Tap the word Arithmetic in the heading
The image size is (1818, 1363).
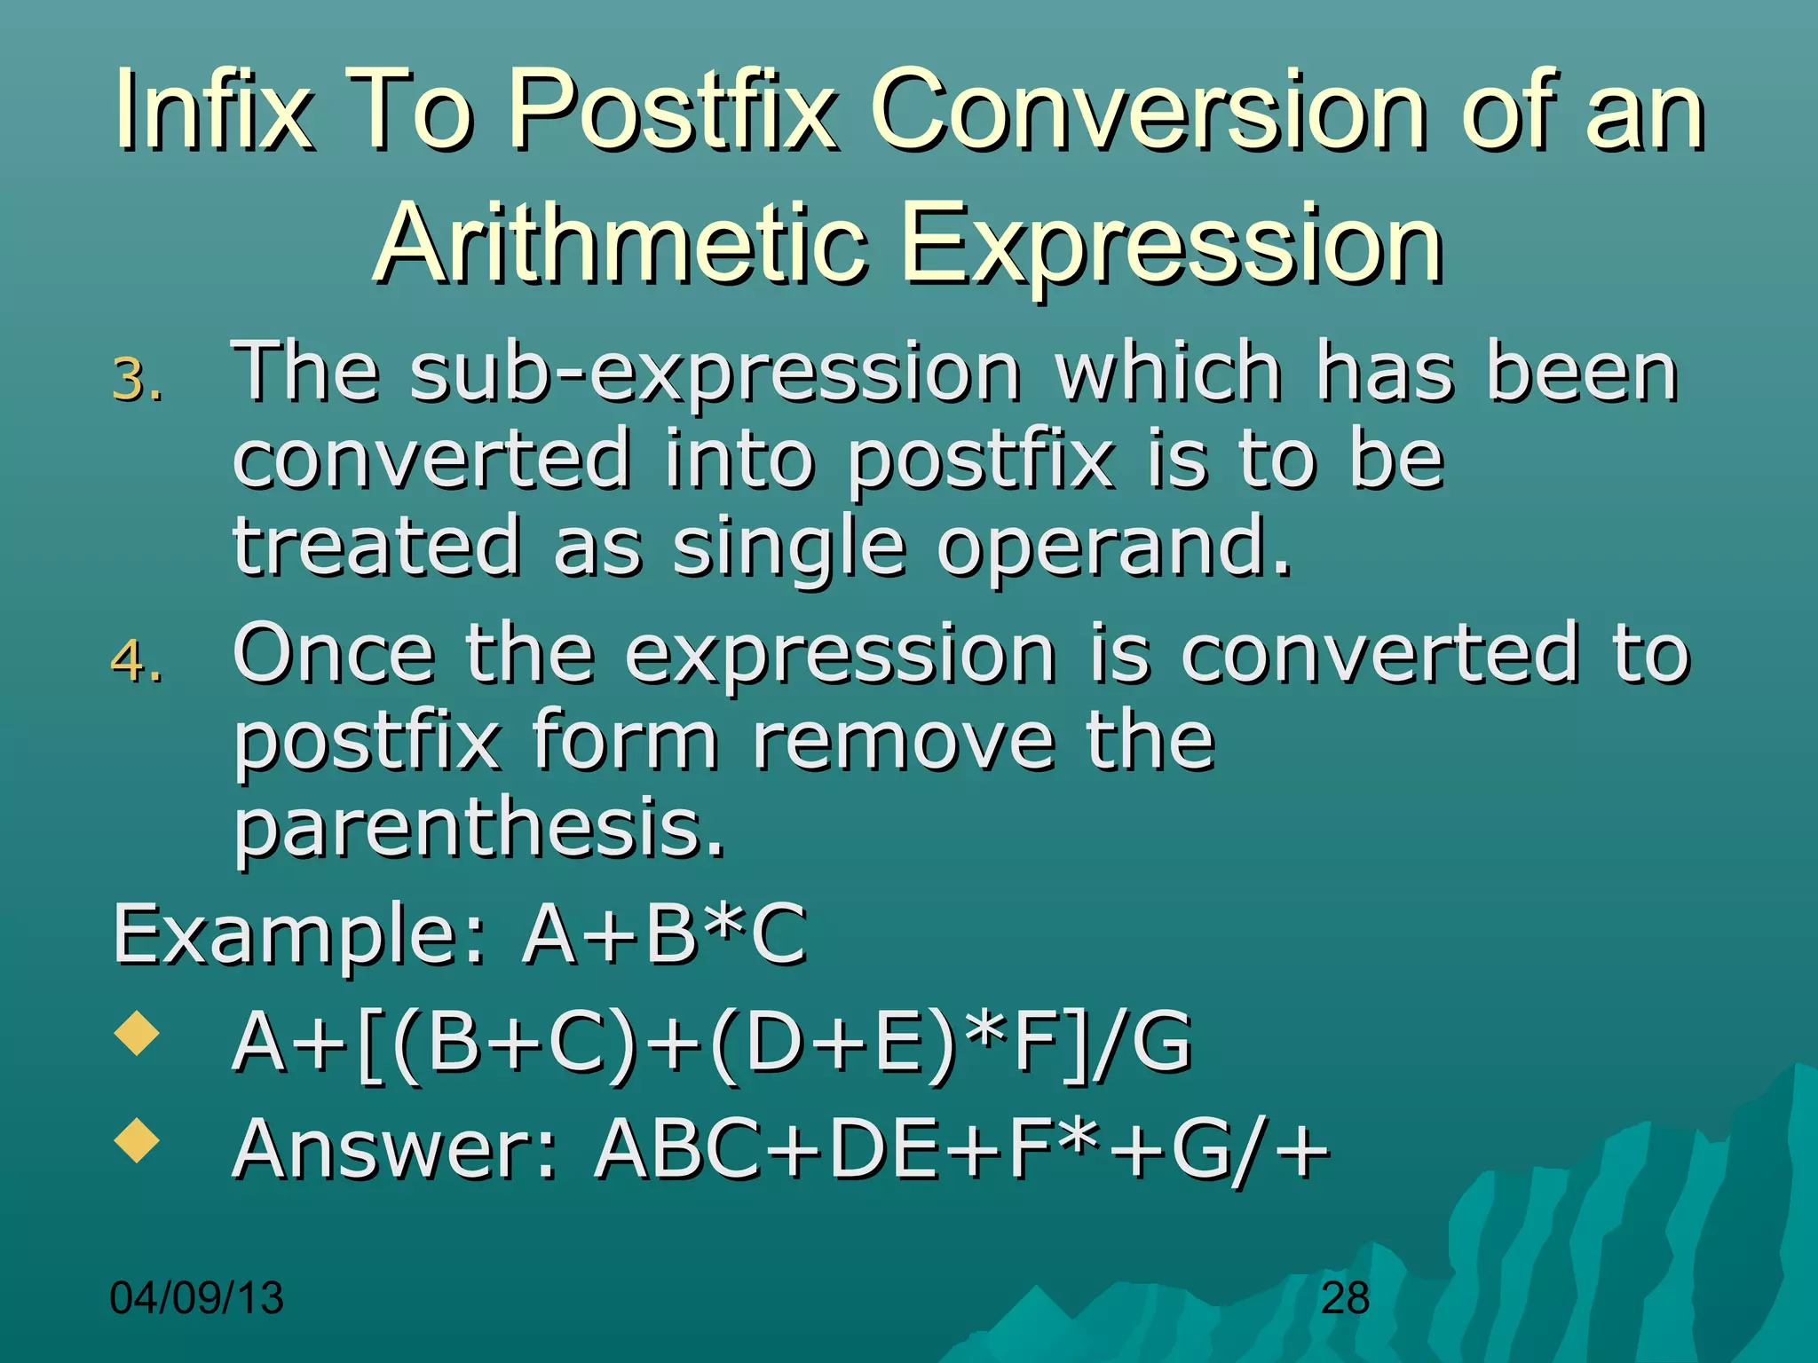[620, 244]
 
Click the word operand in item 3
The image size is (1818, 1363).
[1113, 548]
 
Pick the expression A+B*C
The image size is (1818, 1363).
[664, 934]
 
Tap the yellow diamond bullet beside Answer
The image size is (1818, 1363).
[137, 1140]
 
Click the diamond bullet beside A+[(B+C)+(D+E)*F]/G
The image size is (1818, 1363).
[137, 1033]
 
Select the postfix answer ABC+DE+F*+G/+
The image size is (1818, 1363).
[962, 1149]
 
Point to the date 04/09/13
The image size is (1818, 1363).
[196, 1298]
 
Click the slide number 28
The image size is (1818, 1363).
[1345, 1299]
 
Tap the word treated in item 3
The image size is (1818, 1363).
[376, 548]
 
